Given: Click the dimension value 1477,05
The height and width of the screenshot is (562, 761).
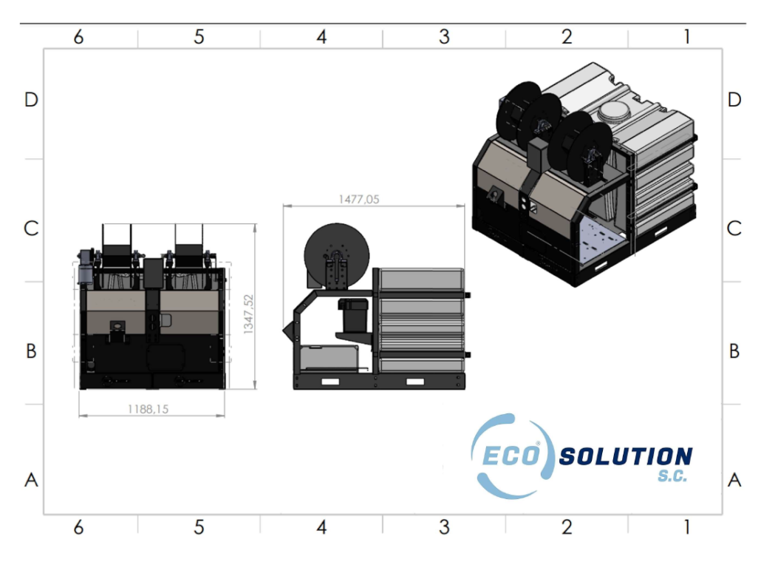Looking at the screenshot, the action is (358, 199).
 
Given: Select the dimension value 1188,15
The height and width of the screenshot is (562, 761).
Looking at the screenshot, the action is (148, 409).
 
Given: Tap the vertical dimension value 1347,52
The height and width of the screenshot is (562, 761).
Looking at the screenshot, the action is (248, 314).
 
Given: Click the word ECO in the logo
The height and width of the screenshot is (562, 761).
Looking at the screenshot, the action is (511, 456).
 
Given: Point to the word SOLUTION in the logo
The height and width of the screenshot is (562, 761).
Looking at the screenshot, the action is (626, 457).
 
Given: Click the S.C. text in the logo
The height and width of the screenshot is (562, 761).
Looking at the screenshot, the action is (672, 476).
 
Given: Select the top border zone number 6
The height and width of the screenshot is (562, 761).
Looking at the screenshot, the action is (78, 37).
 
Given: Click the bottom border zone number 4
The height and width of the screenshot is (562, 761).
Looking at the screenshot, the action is (321, 527).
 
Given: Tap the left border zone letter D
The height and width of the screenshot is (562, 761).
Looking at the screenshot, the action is (31, 100).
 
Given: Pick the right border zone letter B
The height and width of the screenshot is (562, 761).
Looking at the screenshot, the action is (734, 351).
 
